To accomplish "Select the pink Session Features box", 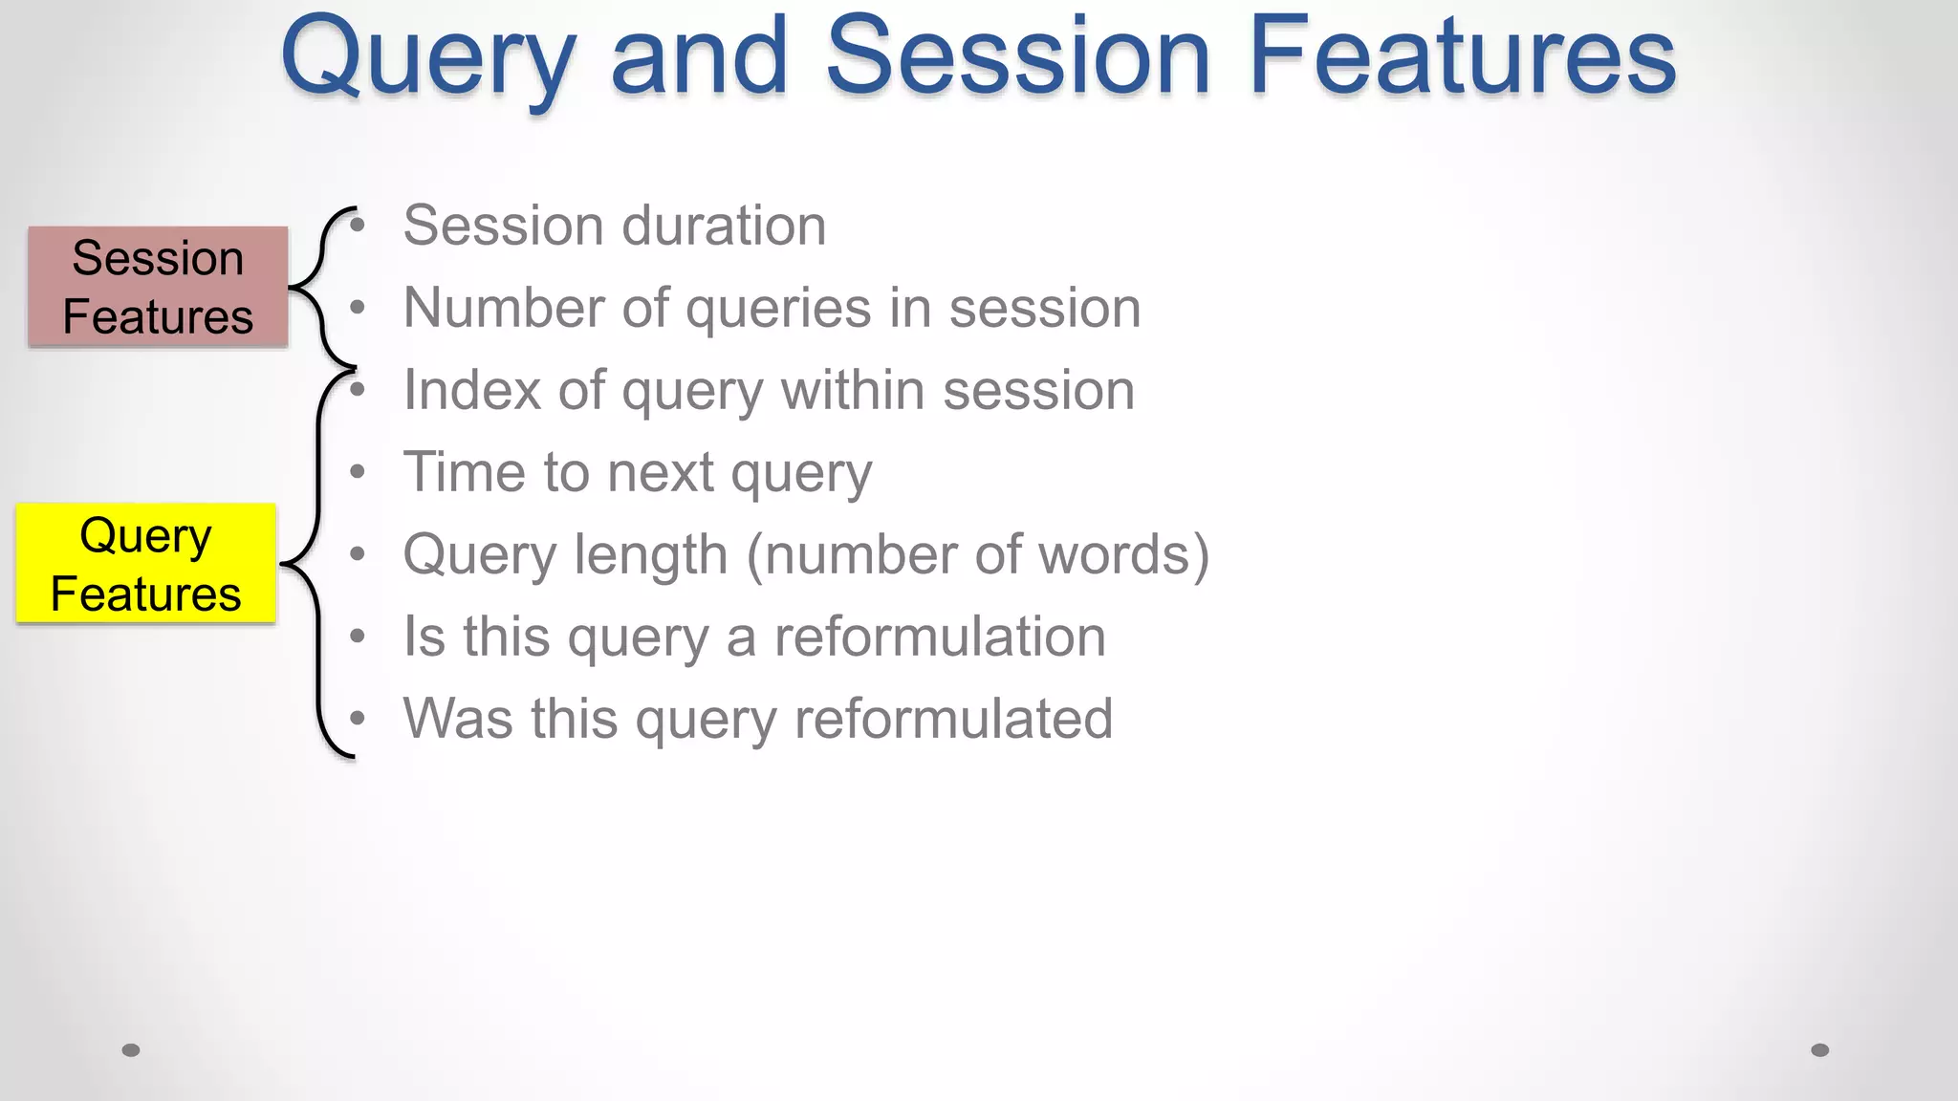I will [158, 287].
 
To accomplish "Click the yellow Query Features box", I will [146, 564].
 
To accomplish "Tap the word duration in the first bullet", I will [724, 227].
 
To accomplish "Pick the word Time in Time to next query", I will [465, 473].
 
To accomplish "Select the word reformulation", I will [940, 637].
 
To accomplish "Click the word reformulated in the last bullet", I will [953, 720].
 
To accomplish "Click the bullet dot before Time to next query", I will [358, 472].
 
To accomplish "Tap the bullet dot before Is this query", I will [358, 637].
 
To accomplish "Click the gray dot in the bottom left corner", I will [131, 1050].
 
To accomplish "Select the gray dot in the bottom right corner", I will [1820, 1050].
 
